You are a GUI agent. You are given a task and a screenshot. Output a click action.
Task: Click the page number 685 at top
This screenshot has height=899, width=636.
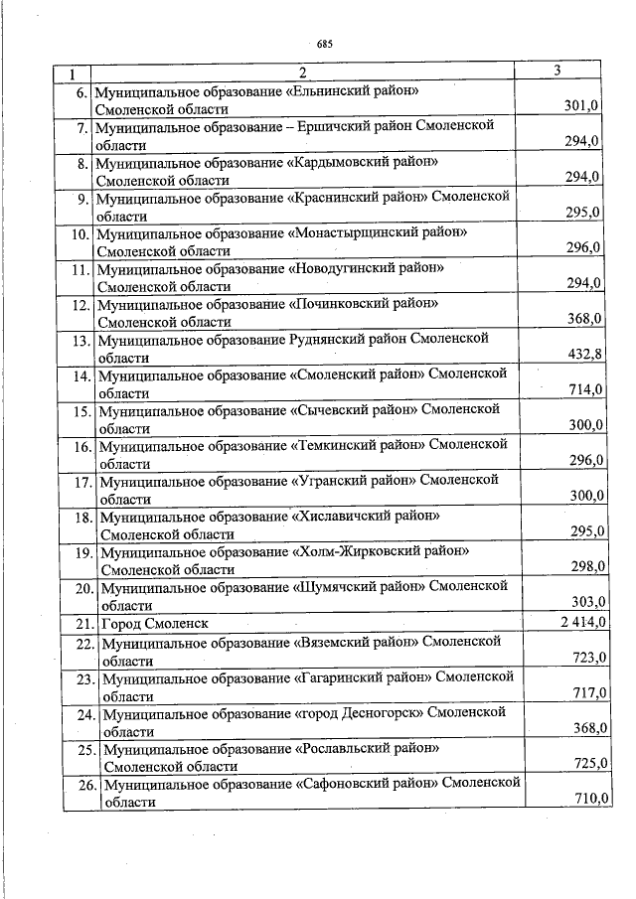pos(324,43)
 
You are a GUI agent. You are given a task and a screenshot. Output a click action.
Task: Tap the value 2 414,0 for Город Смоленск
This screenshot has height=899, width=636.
pos(577,622)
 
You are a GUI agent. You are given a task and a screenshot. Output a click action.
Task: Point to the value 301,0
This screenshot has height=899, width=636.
pos(581,106)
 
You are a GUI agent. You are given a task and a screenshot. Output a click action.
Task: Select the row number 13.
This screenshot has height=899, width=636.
pos(80,340)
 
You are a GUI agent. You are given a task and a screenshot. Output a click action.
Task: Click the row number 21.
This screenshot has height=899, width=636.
pos(80,624)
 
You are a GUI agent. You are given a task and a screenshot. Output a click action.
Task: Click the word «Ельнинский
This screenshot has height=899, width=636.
pos(330,90)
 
